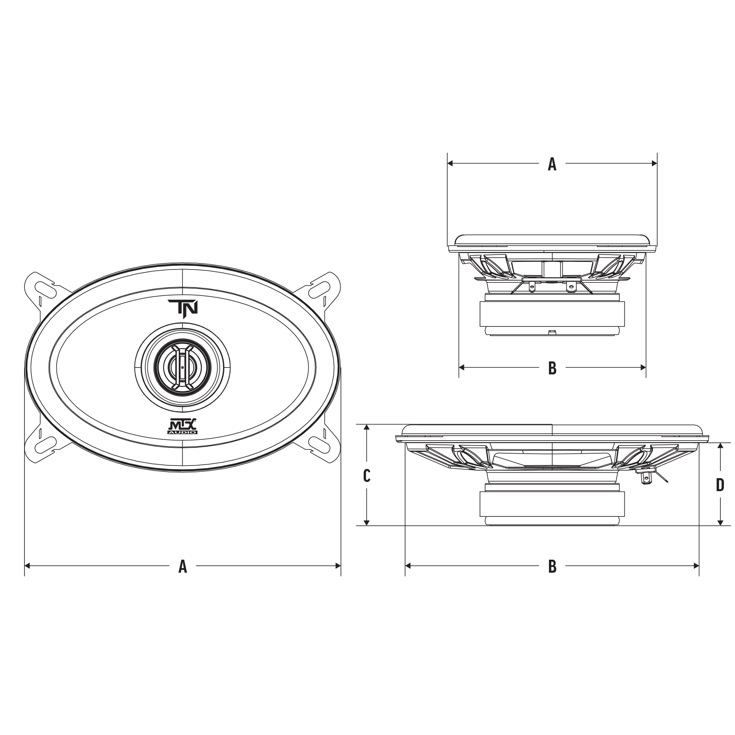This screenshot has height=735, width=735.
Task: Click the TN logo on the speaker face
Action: click(183, 307)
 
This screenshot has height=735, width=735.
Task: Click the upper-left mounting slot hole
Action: click(45, 287)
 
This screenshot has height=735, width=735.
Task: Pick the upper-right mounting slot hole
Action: click(320, 287)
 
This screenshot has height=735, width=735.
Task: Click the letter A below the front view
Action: click(183, 566)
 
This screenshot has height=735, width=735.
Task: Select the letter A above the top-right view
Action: click(552, 164)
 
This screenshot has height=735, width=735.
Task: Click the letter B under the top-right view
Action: click(552, 368)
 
